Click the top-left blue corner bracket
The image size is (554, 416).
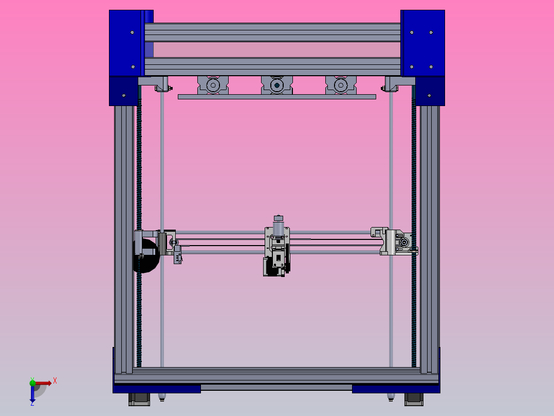click(x=125, y=44)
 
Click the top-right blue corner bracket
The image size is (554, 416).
click(x=422, y=44)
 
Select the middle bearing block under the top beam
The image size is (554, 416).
click(x=276, y=85)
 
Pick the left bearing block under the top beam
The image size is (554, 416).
click(x=213, y=85)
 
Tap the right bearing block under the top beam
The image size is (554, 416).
click(x=341, y=85)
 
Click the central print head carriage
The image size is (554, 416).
click(x=276, y=250)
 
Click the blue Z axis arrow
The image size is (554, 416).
click(x=32, y=395)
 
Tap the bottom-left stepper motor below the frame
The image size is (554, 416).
click(x=138, y=399)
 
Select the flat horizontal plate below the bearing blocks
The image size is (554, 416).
click(x=276, y=97)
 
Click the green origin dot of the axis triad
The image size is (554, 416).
click(x=32, y=383)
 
